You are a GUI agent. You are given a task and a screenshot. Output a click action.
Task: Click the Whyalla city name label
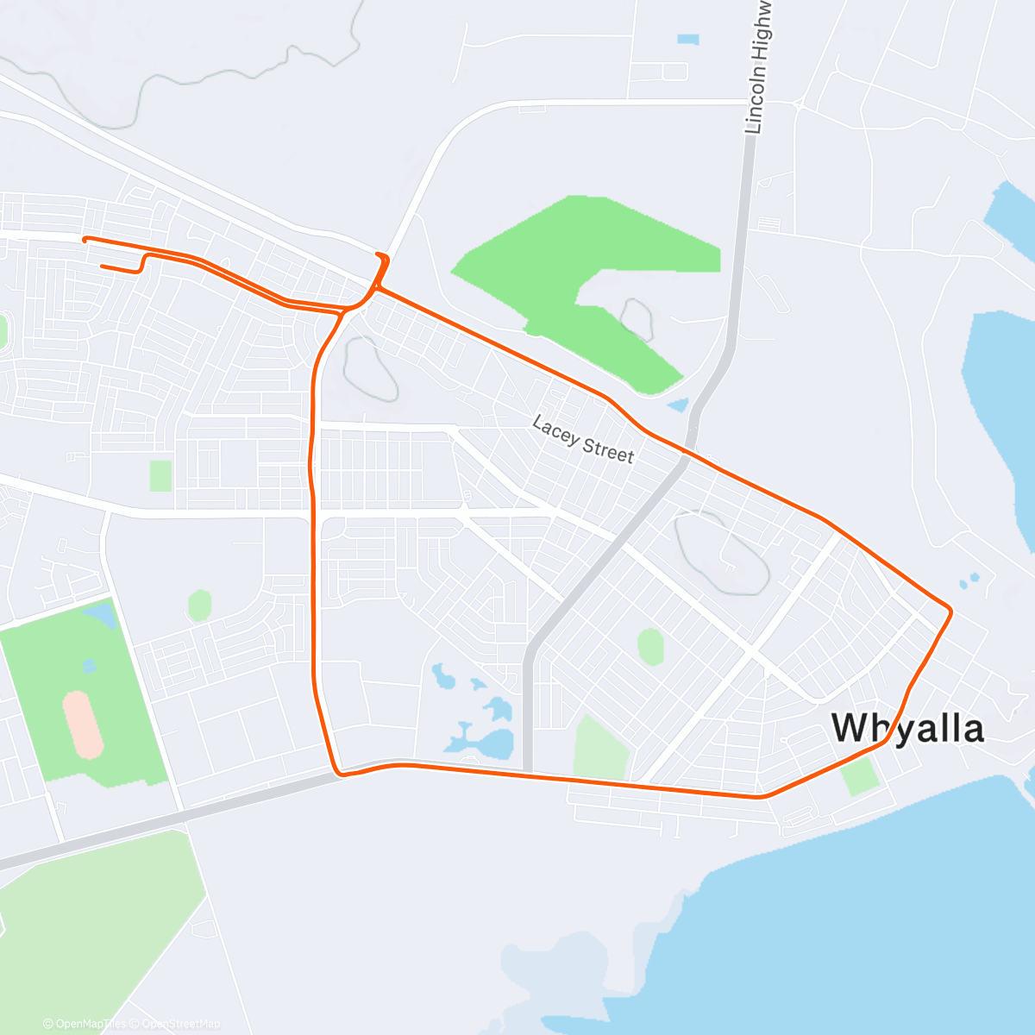coord(907,729)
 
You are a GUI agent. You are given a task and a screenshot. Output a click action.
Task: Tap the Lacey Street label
coord(583,440)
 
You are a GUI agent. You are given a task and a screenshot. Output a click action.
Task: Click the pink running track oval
coord(83,724)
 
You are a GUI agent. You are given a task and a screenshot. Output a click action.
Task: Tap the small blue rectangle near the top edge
coord(687,39)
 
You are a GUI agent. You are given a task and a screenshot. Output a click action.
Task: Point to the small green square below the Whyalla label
coord(860,775)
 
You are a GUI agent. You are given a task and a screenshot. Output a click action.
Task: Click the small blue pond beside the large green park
coord(679,405)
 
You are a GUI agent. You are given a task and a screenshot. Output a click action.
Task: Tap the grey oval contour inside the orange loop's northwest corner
coord(371,369)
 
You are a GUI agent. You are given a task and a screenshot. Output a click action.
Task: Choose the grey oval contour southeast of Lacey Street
coord(722,553)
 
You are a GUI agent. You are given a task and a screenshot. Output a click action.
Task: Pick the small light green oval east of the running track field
coord(199,605)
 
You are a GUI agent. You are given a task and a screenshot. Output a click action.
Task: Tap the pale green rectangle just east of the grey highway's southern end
coord(601,748)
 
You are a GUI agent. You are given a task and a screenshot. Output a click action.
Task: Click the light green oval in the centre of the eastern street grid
coord(650,647)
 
